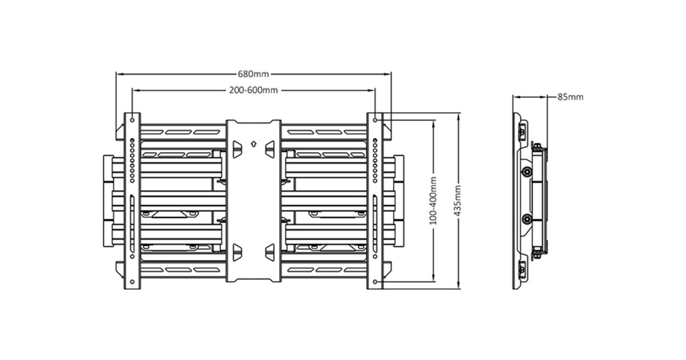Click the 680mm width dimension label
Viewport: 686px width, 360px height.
pyautogui.click(x=253, y=74)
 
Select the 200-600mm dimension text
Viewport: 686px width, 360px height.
pyautogui.click(x=254, y=90)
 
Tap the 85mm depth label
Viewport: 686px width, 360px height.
pyautogui.click(x=571, y=97)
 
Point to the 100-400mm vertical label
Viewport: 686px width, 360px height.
pyautogui.click(x=434, y=201)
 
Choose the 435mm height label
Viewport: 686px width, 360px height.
pyautogui.click(x=457, y=201)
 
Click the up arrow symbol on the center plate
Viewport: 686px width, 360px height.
pyautogui.click(x=254, y=143)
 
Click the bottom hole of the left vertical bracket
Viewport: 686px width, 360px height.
pyautogui.click(x=132, y=282)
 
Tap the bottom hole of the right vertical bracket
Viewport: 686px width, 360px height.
pyautogui.click(x=375, y=282)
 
